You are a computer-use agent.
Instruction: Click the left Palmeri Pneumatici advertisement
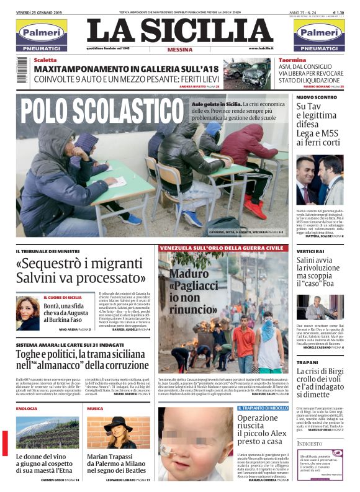click(42, 35)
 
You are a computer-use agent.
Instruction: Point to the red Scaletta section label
click(45, 60)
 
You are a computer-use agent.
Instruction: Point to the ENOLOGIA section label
click(27, 409)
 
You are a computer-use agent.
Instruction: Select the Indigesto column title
click(310, 444)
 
